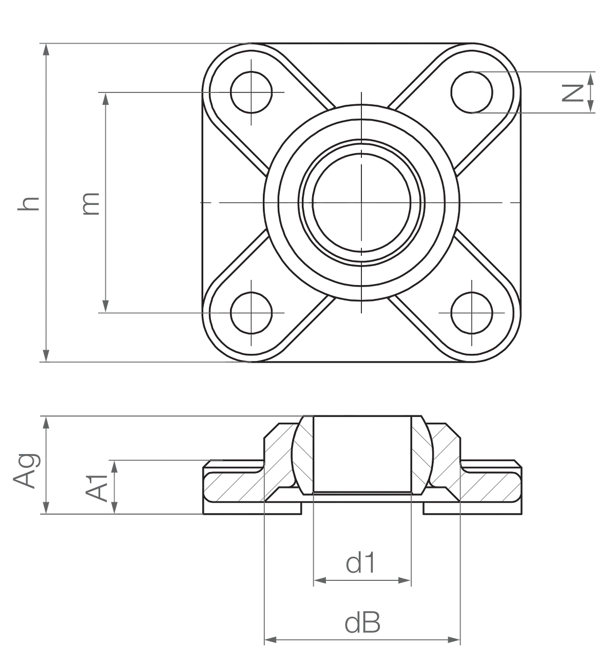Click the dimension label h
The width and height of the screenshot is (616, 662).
pyautogui.click(x=29, y=204)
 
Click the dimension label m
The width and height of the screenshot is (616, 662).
pyautogui.click(x=91, y=204)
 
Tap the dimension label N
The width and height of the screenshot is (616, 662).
pyautogui.click(x=572, y=93)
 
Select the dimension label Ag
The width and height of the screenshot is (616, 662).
pyautogui.click(x=26, y=470)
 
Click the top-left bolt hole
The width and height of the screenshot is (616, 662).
pyautogui.click(x=252, y=92)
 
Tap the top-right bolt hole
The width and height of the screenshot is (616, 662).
pyautogui.click(x=472, y=92)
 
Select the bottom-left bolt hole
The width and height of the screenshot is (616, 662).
pyautogui.click(x=252, y=313)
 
